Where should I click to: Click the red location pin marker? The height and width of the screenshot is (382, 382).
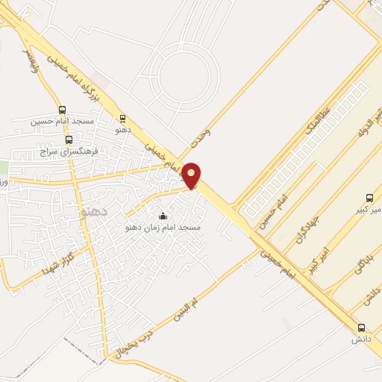tap(192, 175)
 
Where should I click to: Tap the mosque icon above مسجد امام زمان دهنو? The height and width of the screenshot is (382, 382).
tap(163, 216)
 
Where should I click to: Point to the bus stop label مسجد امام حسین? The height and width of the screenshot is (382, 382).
tap(62, 121)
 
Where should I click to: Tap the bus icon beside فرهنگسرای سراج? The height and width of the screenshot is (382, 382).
tap(69, 140)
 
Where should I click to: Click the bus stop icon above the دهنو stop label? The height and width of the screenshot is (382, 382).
tap(123, 118)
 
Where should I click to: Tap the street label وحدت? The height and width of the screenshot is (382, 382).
tap(201, 136)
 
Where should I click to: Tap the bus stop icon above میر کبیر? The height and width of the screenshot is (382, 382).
tap(369, 198)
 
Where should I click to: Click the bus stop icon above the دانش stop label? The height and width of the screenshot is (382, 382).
tap(362, 328)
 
